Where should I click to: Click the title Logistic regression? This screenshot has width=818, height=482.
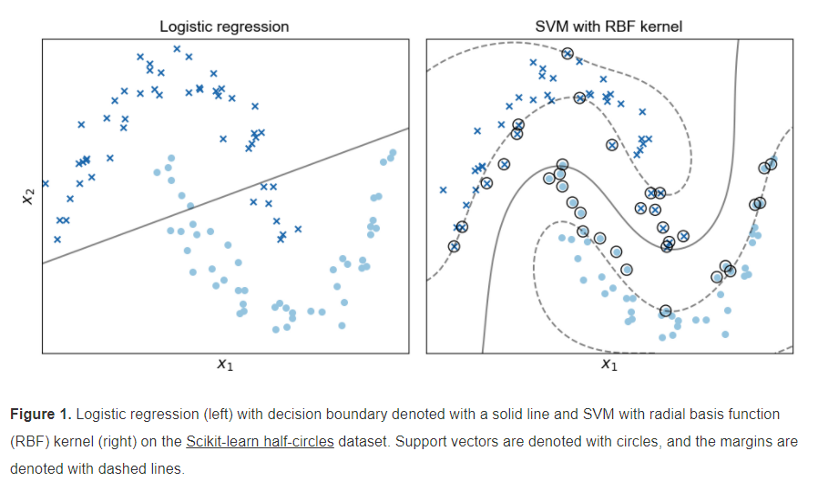click(x=224, y=26)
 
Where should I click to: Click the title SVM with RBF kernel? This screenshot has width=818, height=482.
click(x=608, y=26)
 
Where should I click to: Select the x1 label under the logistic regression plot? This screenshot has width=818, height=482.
click(x=225, y=365)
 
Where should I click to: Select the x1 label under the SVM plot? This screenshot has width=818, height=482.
click(x=608, y=365)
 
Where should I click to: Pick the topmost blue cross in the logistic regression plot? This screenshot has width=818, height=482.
click(x=177, y=49)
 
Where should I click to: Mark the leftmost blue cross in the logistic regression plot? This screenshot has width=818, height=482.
click(x=45, y=183)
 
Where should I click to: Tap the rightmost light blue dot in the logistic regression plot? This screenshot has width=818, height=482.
click(x=394, y=153)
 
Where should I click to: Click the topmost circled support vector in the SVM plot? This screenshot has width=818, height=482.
click(x=567, y=54)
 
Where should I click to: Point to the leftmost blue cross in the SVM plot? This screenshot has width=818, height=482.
click(x=444, y=190)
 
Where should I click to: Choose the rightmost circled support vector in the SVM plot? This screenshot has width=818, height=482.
click(x=772, y=164)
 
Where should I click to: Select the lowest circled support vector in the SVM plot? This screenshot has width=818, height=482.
click(x=666, y=311)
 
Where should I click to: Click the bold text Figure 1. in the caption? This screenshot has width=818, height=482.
click(x=40, y=415)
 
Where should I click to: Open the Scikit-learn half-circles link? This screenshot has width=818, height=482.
click(x=260, y=441)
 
